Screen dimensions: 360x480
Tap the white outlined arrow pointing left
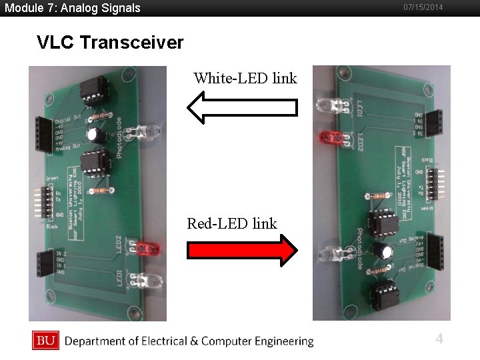pos(242,108)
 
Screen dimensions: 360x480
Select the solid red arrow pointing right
pos(243,251)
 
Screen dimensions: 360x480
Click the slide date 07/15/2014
pos(423,7)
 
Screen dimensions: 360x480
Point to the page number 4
pos(439,339)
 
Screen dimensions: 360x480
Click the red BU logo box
pos(45,341)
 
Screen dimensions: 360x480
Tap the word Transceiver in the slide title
pos(131,43)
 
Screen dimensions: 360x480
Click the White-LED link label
pos(245,78)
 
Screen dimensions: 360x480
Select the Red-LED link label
pos(231,223)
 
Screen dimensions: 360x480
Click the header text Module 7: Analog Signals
pos(73,8)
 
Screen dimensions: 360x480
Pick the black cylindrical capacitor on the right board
pos(382,251)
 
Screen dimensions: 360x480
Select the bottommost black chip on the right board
pos(385,294)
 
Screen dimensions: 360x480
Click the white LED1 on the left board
pos(148,279)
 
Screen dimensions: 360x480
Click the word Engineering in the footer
pos(279,341)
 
